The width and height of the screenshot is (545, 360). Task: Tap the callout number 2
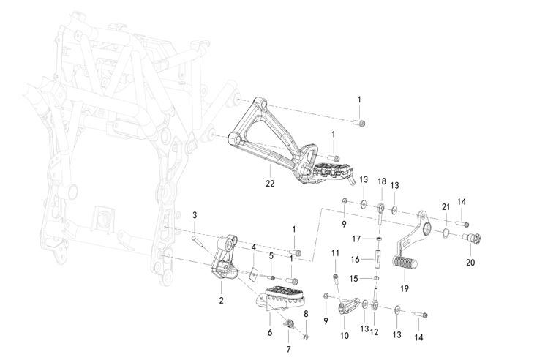point(221,300)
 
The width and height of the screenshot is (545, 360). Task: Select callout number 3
point(195,214)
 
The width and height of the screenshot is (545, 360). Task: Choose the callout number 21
point(446,207)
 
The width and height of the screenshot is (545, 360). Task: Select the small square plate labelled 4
point(251,274)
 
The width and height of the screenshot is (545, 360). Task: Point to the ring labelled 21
point(443,233)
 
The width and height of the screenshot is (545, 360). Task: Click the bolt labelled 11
point(336,277)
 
